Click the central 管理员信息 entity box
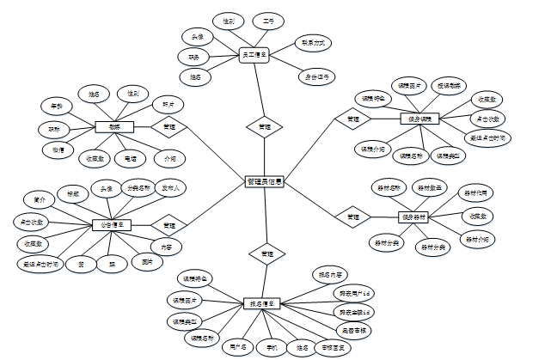[265, 181]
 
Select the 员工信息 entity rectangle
[254, 55]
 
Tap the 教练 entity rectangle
[114, 126]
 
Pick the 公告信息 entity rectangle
[112, 224]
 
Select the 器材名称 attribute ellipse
[389, 186]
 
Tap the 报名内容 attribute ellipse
[331, 275]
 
